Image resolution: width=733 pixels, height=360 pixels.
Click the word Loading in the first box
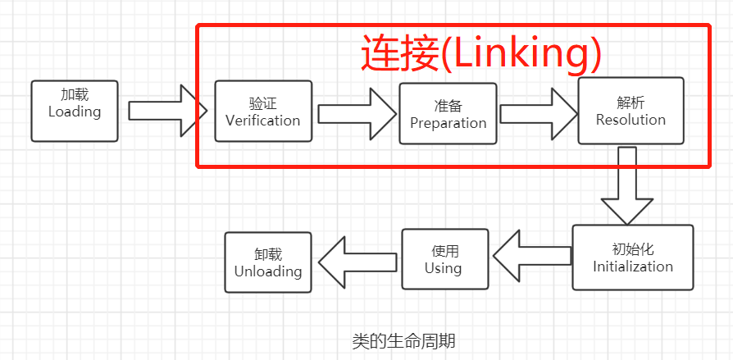pos(75,112)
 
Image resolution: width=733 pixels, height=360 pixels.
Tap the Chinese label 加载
pos(75,94)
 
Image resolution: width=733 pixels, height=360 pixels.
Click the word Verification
pos(262,121)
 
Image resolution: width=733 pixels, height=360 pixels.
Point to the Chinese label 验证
pos(262,103)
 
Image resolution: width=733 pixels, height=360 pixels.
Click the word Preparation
pos(448,123)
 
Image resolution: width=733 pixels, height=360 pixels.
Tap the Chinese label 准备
pos(448,106)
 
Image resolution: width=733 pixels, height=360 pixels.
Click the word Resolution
pos(631,119)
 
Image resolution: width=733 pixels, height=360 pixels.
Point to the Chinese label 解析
pos(631,102)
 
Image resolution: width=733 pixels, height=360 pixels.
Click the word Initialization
pos(633,267)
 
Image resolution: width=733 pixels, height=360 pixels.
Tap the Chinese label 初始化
pos(633,249)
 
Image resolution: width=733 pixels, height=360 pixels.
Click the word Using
pos(444,268)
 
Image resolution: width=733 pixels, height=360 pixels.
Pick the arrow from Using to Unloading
pos(357,262)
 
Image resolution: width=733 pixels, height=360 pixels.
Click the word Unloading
pos(268,271)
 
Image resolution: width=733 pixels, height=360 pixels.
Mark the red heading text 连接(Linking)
pos(482,54)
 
